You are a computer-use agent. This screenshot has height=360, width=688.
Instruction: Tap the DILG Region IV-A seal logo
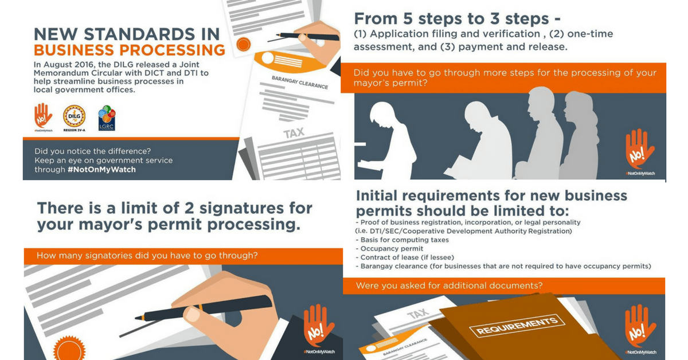pyautogui.click(x=74, y=116)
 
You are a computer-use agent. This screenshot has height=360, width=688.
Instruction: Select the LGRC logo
pyautogui.click(x=107, y=118)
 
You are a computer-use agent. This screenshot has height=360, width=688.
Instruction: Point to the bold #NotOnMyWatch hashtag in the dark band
pyautogui.click(x=101, y=170)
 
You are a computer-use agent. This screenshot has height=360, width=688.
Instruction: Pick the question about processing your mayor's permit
pyautogui.click(x=505, y=78)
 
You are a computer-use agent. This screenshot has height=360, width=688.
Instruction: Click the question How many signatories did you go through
pyautogui.click(x=147, y=256)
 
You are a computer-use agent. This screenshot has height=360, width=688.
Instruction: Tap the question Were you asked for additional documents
pyautogui.click(x=449, y=285)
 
